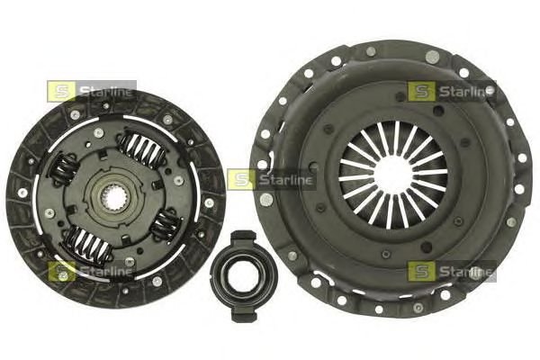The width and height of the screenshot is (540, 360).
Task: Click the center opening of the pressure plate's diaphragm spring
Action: coord(393,175)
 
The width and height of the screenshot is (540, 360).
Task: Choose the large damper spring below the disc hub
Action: coord(88,244)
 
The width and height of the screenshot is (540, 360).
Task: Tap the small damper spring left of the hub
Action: coord(65,170)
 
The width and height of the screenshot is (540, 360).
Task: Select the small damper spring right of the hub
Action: coord(166,224)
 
